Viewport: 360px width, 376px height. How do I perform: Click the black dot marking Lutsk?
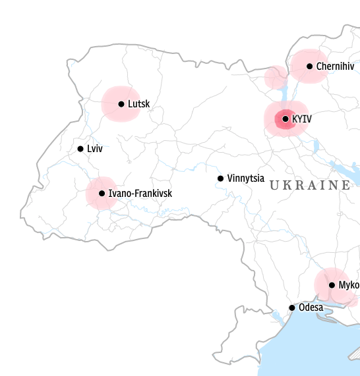coord(121,104)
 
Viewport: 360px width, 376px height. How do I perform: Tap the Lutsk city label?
coord(139,104)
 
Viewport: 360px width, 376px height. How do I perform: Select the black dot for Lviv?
coord(80,149)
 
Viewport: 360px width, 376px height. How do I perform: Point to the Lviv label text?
coord(95,149)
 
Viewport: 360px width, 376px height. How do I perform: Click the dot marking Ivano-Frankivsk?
coord(102,194)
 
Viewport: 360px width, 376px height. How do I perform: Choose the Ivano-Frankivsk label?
coord(140,194)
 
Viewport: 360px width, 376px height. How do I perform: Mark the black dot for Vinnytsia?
coord(221,178)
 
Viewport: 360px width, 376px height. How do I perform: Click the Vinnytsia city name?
coord(245,178)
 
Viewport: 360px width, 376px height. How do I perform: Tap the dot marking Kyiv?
coord(285,119)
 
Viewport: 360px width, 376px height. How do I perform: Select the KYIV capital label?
coord(301,119)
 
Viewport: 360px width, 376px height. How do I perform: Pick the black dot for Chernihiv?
coord(309,66)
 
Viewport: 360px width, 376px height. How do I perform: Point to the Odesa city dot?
coord(292,308)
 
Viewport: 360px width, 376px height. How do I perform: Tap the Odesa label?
coord(311,308)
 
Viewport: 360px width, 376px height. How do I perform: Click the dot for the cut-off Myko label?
coord(332,285)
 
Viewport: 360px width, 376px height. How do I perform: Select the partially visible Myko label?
coord(349,285)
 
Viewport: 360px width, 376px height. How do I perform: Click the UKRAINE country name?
coord(310,186)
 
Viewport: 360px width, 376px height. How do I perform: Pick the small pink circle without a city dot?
coord(275,78)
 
